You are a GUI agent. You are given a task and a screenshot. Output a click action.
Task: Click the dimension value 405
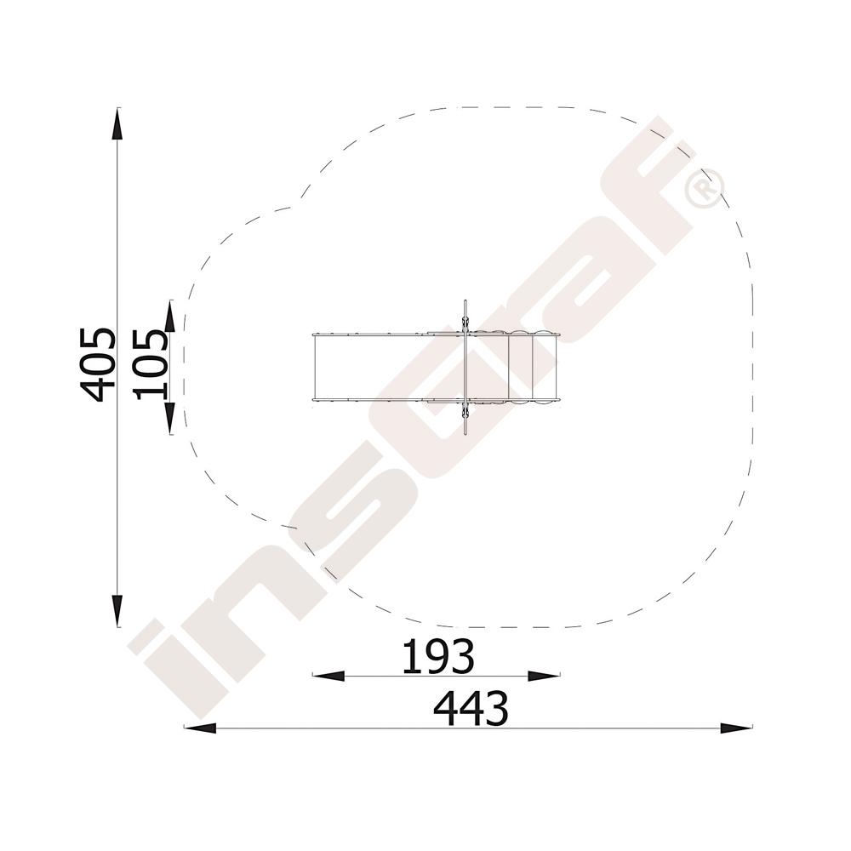pos(98,364)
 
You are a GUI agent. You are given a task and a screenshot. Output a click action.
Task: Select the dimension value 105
pos(151,364)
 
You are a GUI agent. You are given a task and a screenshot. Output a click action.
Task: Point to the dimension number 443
pos(471,708)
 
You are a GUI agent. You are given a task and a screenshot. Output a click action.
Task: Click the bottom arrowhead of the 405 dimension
pos(117,610)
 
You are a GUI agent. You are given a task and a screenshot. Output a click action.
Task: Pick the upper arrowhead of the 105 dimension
pos(170,316)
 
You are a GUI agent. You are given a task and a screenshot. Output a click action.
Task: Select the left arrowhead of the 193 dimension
pos(328,676)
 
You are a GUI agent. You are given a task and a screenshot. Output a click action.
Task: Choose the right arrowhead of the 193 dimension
pos(544,676)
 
